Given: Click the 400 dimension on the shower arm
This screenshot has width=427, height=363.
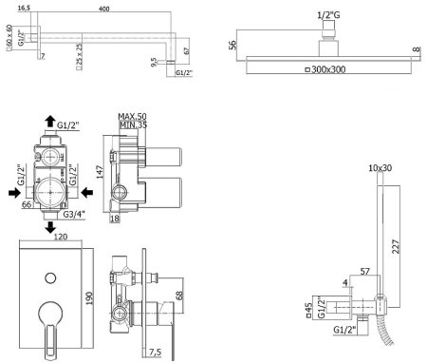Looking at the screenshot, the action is point(104,9).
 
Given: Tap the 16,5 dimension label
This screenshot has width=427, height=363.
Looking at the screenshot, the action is point(24,9).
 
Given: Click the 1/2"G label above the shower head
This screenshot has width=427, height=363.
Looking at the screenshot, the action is point(328,15).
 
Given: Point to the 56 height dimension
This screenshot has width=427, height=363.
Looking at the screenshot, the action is point(232,45).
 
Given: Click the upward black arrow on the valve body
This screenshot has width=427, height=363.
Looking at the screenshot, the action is point(50,122).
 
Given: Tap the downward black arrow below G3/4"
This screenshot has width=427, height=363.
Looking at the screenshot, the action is point(50,227).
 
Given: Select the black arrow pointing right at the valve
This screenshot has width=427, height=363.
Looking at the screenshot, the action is point(14,192).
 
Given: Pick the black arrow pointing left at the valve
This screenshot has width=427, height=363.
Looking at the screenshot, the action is point(86,192).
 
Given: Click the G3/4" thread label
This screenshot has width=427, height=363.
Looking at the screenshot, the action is point(74,215).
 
